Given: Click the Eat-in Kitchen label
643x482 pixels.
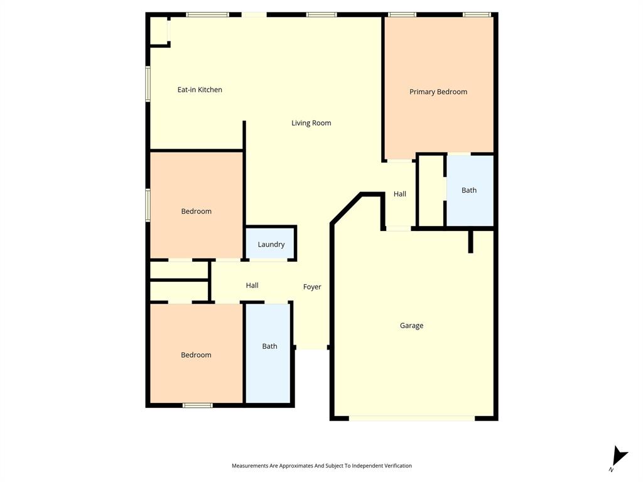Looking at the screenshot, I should coord(200,90).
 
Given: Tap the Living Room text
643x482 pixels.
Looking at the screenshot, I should coord(311,123).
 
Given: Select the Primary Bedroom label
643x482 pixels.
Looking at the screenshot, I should coord(438,92).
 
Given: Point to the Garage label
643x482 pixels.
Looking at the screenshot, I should coord(411,326).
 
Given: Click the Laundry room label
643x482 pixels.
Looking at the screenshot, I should coord(271,245).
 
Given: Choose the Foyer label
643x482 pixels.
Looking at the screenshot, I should coord(312,287).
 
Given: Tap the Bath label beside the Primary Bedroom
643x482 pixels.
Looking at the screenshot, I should coord(469,190).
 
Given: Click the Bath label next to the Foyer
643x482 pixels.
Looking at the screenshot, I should coord(269,346).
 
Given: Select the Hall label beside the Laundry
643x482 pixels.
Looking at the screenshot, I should coord(252,286).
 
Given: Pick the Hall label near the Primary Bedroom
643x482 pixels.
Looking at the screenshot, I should coord(400,195).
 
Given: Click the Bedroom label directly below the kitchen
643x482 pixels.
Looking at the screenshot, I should coord(196,212).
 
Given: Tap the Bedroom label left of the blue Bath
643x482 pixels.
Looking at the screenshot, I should coord(196,355).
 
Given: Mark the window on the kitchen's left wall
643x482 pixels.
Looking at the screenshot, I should coord(148,83).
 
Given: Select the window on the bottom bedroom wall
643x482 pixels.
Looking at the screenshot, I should coord(197,405).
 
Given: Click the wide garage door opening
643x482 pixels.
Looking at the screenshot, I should coord(412,417).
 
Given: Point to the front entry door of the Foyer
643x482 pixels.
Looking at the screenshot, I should coord(311,349).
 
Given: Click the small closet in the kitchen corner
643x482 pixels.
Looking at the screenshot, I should coord(159,30).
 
